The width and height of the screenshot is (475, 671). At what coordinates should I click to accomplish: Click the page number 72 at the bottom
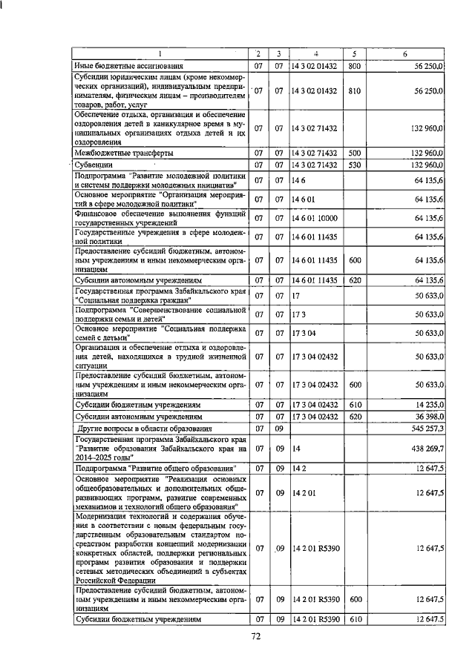[x=256, y=635]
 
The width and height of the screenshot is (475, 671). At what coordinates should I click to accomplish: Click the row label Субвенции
[x=94, y=164]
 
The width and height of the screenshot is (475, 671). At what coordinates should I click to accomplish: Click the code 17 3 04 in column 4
[x=304, y=334]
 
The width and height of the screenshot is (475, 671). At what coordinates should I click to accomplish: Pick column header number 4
[x=315, y=54]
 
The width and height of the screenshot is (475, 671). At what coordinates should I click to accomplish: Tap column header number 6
[x=404, y=54]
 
